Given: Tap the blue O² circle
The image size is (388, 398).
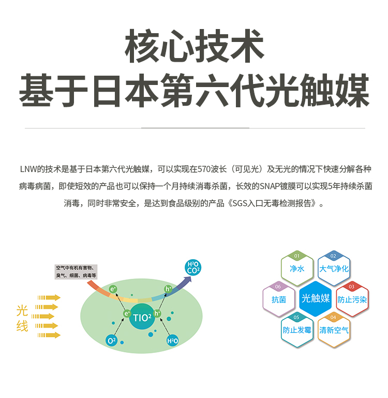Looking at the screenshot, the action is pyautogui.click(x=111, y=340).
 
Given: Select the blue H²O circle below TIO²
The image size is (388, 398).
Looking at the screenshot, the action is pyautogui.click(x=172, y=340).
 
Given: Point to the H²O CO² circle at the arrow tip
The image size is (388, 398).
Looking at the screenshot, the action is pyautogui.click(x=193, y=267).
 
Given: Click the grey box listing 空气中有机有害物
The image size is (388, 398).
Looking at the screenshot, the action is pyautogui.click(x=76, y=272).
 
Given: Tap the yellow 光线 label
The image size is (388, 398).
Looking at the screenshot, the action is pyautogui.click(x=22, y=318).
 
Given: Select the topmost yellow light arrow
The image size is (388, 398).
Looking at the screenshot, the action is pyautogui.click(x=49, y=297).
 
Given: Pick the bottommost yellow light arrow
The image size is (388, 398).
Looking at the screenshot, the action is pyautogui.click(x=49, y=335).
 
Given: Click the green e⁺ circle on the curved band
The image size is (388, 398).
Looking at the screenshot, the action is pyautogui.click(x=113, y=289).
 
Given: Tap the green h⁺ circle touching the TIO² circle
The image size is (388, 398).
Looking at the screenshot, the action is pyautogui.click(x=157, y=313).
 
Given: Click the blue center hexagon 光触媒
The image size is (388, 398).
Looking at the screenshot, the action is pyautogui.click(x=315, y=298).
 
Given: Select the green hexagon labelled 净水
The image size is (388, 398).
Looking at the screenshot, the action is pyautogui.click(x=297, y=269).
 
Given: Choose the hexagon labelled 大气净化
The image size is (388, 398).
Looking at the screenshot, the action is pyautogui.click(x=334, y=269).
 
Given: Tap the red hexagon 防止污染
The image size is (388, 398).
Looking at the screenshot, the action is pyautogui.click(x=352, y=300).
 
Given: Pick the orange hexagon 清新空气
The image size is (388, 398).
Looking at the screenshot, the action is pyautogui.click(x=334, y=330).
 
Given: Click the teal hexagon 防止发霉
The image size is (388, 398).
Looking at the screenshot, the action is pyautogui.click(x=297, y=330).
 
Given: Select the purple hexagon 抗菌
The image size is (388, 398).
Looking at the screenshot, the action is pyautogui.click(x=279, y=300).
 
